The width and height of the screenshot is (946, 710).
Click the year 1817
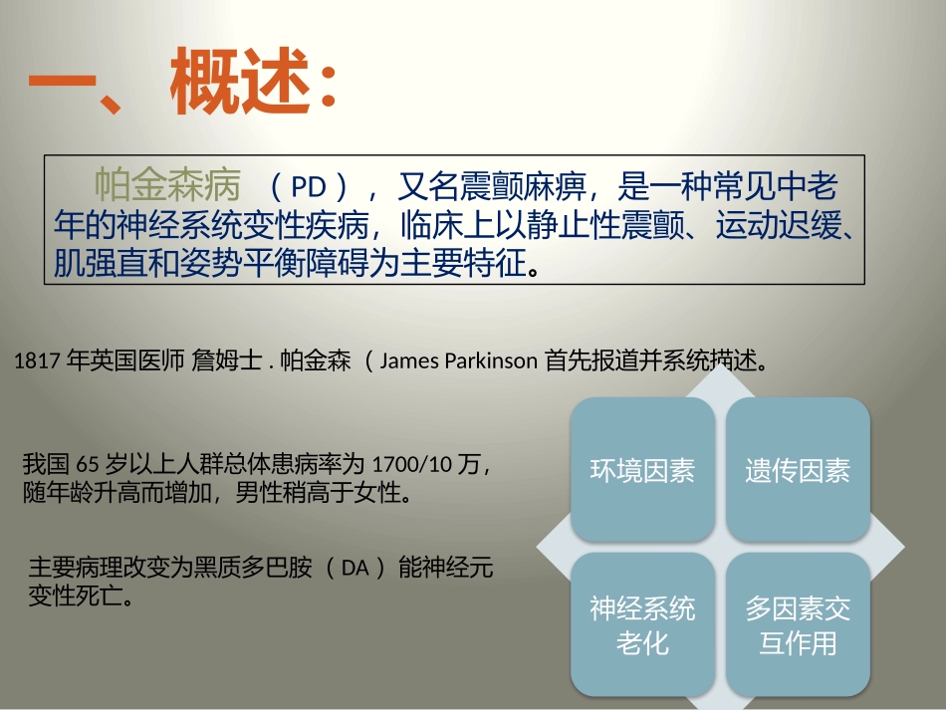pyautogui.click(x=37, y=361)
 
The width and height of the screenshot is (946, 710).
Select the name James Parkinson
pyautogui.click(x=458, y=361)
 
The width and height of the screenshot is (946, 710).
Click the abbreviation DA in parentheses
pyautogui.click(x=355, y=569)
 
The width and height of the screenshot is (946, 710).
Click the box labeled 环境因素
pyautogui.click(x=642, y=470)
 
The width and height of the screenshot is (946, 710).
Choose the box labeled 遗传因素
pyautogui.click(x=798, y=470)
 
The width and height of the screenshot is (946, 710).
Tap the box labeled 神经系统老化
pyautogui.click(x=642, y=625)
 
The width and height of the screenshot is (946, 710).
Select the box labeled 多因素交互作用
pyautogui.click(x=798, y=625)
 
